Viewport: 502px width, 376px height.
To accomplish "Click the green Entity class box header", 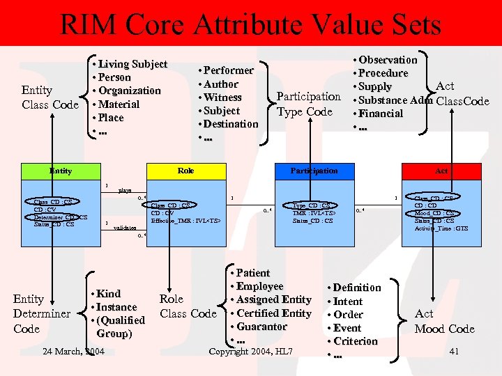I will pyautogui.click(x=61, y=171).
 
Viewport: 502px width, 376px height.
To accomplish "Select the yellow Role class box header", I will pyautogui.click(x=186, y=171).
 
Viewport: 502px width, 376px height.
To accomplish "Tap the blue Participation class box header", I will pyautogui.click(x=314, y=171).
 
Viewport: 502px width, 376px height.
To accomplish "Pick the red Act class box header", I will pyautogui.click(x=442, y=171).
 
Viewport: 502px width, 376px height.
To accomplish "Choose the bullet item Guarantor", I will pyautogui.click(x=261, y=327).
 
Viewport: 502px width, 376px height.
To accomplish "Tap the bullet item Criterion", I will pyautogui.click(x=355, y=341).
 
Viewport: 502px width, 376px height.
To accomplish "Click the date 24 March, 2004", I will pyautogui.click(x=73, y=351).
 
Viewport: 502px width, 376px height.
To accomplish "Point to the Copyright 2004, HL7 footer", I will pyautogui.click(x=251, y=351).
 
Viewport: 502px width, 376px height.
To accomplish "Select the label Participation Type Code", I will pyautogui.click(x=308, y=104).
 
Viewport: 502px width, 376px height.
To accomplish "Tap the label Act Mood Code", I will pyautogui.click(x=444, y=322).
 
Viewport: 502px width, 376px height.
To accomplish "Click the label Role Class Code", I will pyautogui.click(x=188, y=306).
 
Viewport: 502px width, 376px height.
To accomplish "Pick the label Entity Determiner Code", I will pyautogui.click(x=41, y=313).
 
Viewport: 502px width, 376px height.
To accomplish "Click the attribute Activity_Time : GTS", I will pyautogui.click(x=441, y=228).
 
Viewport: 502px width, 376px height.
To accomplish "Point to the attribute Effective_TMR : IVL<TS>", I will pyautogui.click(x=185, y=221).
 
